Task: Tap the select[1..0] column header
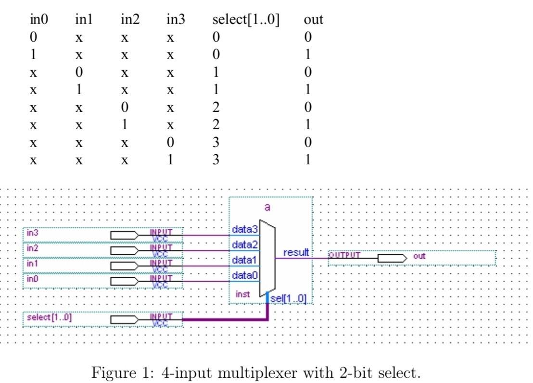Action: [246, 20]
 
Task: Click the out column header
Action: [313, 20]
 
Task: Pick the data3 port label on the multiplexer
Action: [245, 230]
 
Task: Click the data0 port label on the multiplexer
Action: [245, 276]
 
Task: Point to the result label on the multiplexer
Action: [296, 252]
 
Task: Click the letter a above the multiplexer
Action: [267, 208]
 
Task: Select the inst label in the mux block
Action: [243, 294]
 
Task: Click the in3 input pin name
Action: [33, 233]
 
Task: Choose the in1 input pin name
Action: [32, 264]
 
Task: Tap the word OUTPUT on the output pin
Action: [344, 255]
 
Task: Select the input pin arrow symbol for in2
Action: [124, 251]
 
